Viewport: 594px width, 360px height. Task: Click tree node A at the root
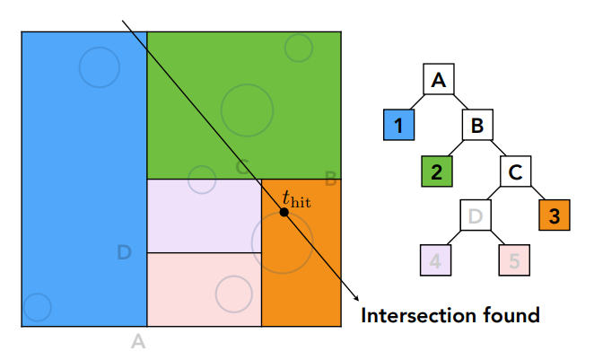point(439,81)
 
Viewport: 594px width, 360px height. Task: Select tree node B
point(477,125)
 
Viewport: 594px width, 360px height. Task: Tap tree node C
point(515,170)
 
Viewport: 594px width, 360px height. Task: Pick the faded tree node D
point(476,215)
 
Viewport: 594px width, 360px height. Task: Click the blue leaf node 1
point(397,125)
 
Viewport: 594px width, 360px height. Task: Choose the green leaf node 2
point(436,170)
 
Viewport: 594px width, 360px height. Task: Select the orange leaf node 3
point(554,215)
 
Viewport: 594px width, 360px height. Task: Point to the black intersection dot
point(284,213)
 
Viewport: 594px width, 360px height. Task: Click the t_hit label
point(296,198)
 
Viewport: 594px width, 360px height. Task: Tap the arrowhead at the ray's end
point(356,299)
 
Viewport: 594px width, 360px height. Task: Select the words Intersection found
point(450,316)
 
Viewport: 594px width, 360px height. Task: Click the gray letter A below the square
point(137,340)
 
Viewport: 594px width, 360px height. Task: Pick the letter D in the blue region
point(125,253)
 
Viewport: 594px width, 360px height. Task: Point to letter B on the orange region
point(330,180)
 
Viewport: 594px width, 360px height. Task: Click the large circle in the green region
point(247,109)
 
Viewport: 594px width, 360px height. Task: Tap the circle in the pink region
point(233,294)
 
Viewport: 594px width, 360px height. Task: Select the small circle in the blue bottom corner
point(36,307)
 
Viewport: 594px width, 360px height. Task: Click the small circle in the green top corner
point(299,48)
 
